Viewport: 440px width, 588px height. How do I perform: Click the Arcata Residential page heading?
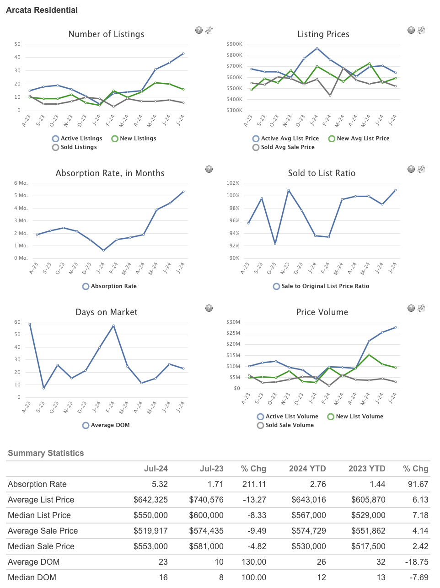pyautogui.click(x=42, y=10)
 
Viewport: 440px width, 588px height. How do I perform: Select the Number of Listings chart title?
pyautogui.click(x=106, y=34)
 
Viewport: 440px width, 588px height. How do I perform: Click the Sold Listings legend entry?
pyautogui.click(x=78, y=147)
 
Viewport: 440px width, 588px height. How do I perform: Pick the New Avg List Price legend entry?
pyautogui.click(x=363, y=139)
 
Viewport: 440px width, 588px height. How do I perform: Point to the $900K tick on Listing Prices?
pyautogui.click(x=234, y=44)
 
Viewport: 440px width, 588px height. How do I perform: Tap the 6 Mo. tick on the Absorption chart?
pyautogui.click(x=21, y=183)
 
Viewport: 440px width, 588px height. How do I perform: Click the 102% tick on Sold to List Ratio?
pyautogui.click(x=233, y=183)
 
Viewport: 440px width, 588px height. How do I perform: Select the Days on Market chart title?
pyautogui.click(x=106, y=312)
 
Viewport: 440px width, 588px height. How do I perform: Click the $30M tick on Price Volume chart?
pyautogui.click(x=233, y=322)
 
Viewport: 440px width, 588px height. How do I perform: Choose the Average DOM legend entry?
pyautogui.click(x=110, y=425)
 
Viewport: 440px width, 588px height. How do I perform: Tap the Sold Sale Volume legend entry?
pyautogui.click(x=289, y=425)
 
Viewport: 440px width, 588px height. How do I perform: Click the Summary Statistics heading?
pyautogui.click(x=46, y=453)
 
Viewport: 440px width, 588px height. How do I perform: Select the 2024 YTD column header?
pyautogui.click(x=307, y=469)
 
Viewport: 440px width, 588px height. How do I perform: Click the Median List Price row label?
pyautogui.click(x=39, y=515)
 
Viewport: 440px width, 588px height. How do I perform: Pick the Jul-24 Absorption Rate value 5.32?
pyautogui.click(x=160, y=484)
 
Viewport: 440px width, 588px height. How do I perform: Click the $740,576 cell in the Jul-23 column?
pyautogui.click(x=206, y=500)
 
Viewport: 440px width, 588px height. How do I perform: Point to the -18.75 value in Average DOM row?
pyautogui.click(x=417, y=562)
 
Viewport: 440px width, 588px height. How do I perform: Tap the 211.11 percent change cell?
pyautogui.click(x=254, y=484)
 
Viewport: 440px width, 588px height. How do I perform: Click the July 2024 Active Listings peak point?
pyautogui.click(x=183, y=53)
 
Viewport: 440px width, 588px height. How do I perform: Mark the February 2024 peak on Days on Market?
pyautogui.click(x=113, y=326)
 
